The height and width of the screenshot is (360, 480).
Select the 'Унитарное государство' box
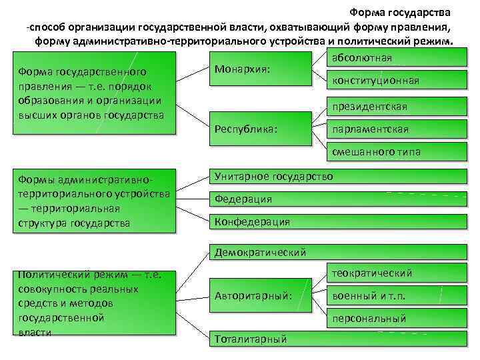[x=337, y=177]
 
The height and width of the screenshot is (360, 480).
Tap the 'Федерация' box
[x=337, y=199]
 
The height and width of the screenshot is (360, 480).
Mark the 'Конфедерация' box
[x=337, y=221]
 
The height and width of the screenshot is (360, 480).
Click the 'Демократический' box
[x=337, y=252]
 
